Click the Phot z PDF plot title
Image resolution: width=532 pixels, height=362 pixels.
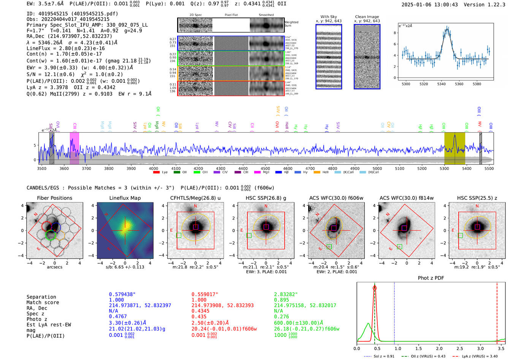click(431, 278)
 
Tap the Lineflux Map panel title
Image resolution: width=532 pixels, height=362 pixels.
click(125, 198)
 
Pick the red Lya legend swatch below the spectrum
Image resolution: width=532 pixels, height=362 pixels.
click(156, 172)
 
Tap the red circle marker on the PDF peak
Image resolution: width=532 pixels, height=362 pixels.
click(375, 288)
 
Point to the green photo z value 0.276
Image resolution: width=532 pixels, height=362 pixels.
click(281, 316)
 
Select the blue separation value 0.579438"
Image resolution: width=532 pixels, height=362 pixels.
click(122, 294)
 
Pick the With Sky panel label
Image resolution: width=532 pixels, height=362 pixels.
click(328, 17)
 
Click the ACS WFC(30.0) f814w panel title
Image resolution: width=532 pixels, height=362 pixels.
click(406, 198)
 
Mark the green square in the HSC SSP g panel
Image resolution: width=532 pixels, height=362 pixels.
click(249, 236)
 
